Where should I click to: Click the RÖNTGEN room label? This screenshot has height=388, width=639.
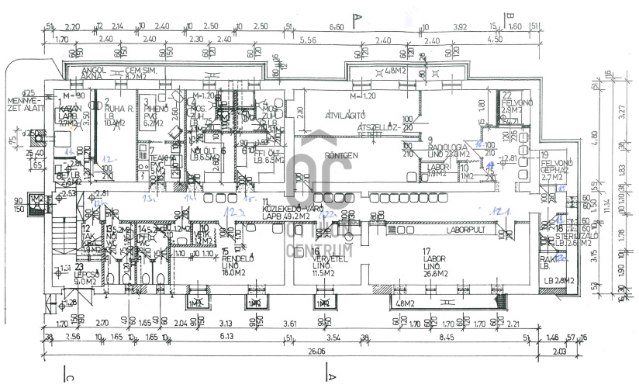[x=341, y=154]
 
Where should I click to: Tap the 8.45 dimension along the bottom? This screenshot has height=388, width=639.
[x=447, y=338]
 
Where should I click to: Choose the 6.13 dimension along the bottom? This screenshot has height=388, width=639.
[x=227, y=338]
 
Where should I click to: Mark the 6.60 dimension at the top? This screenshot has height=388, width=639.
[x=337, y=27]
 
